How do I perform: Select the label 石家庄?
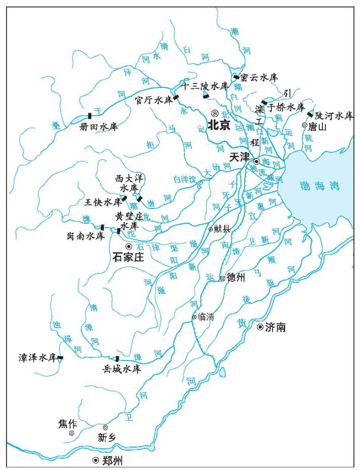[128, 257]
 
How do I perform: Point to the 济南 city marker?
[260, 327]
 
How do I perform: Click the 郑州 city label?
[112, 461]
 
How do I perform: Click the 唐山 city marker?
[305, 125]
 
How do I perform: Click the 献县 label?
[223, 229]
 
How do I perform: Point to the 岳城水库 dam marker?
[117, 359]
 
